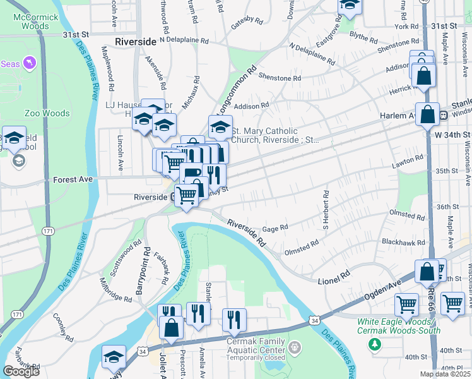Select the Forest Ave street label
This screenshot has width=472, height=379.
(73, 179)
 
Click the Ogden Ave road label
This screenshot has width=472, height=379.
(382, 291)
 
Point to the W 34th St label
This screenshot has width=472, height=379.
(452, 135)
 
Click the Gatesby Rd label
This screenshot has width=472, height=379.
(247, 20)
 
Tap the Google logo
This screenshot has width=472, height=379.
(21, 371)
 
